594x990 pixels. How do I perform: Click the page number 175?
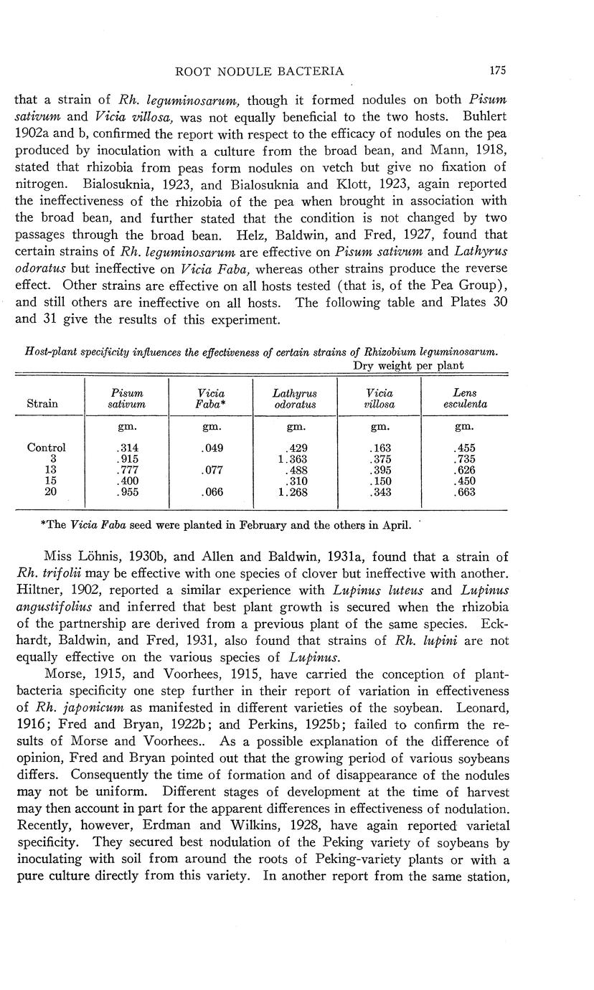[x=498, y=71]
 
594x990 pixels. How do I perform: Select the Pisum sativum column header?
[x=126, y=399]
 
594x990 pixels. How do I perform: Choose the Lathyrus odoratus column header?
[x=295, y=399]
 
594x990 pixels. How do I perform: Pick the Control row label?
[x=46, y=448]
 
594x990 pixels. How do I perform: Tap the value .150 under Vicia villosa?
[x=379, y=481]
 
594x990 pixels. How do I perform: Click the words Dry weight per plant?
[x=407, y=365]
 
